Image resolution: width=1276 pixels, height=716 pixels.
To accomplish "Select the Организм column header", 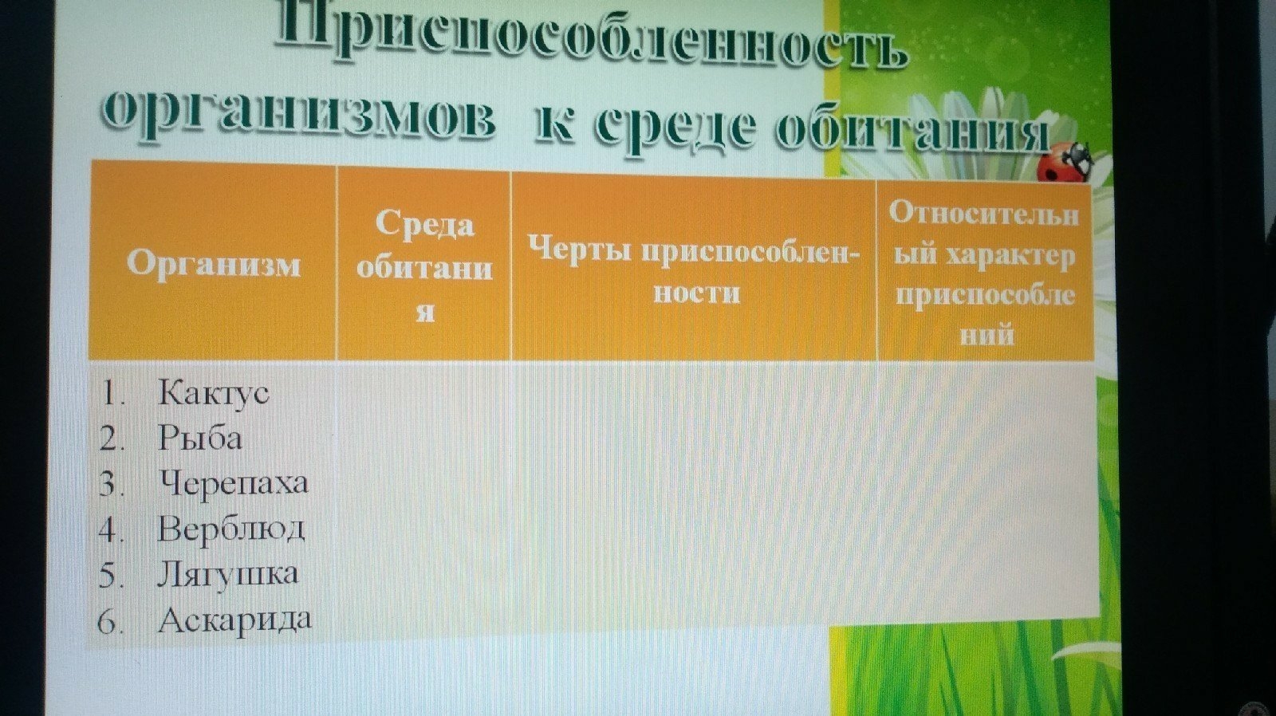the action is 214,264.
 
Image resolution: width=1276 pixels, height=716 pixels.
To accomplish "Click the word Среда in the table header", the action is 425,224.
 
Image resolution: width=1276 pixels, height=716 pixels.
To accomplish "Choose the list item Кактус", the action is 213,392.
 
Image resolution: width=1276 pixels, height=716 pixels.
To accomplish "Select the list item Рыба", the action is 200,438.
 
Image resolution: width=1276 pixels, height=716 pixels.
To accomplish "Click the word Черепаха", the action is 233,483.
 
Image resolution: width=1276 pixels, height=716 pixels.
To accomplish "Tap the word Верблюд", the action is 231,528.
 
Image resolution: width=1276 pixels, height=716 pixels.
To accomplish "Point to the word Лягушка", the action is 228,573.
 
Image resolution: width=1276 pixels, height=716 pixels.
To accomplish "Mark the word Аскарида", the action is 234,620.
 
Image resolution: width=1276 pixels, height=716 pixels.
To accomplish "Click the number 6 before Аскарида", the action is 108,621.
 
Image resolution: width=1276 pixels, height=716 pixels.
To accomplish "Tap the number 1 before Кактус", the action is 108,394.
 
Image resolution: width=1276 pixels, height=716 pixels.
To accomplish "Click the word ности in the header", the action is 696,293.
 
